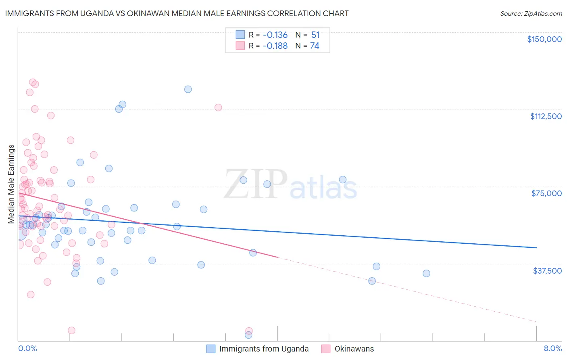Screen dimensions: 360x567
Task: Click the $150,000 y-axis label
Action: [544, 39]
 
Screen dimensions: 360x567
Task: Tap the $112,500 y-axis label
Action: [546, 116]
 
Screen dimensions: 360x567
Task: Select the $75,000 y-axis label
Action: [546, 193]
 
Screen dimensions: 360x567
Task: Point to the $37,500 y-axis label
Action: [547, 271]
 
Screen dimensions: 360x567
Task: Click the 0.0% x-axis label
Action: [27, 349]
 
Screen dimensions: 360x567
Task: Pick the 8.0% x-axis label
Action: [552, 349]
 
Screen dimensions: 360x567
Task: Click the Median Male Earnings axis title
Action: [11, 184]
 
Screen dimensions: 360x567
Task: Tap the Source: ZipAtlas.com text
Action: [531, 14]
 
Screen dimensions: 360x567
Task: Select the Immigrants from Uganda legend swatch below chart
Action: [211, 349]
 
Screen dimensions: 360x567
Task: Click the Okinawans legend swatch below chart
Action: [326, 349]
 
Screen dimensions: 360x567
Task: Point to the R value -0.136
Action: [275, 35]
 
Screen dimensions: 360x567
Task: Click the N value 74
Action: [315, 46]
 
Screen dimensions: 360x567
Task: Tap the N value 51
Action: [315, 35]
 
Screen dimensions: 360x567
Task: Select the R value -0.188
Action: [275, 46]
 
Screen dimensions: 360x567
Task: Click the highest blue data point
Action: [188, 89]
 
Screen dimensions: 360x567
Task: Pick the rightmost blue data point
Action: [426, 273]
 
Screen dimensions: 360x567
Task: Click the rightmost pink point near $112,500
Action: [218, 107]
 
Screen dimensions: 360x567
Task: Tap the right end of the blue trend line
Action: [536, 247]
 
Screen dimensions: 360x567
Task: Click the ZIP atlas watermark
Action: [290, 184]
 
